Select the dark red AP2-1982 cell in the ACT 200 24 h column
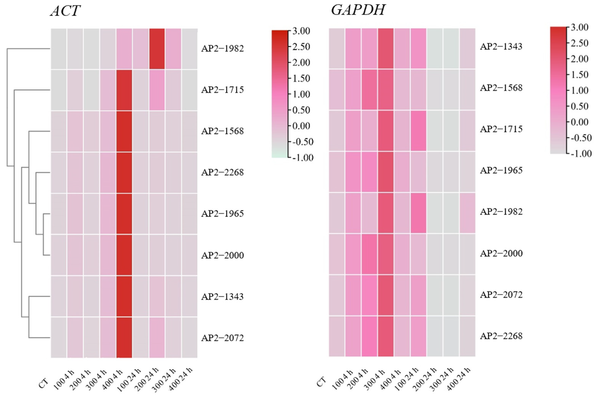tap(157, 49)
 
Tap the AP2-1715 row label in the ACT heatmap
tap(222, 90)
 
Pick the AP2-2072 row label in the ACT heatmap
tap(222, 338)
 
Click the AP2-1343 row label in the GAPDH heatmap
tap(501, 47)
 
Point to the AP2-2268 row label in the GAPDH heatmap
tap(501, 336)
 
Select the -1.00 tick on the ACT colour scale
tap(303, 158)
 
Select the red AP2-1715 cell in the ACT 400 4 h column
tap(124, 90)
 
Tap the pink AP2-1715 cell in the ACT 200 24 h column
tap(157, 90)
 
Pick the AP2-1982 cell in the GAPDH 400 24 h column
tap(467, 213)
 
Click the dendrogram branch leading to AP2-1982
tap(28, 48)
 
